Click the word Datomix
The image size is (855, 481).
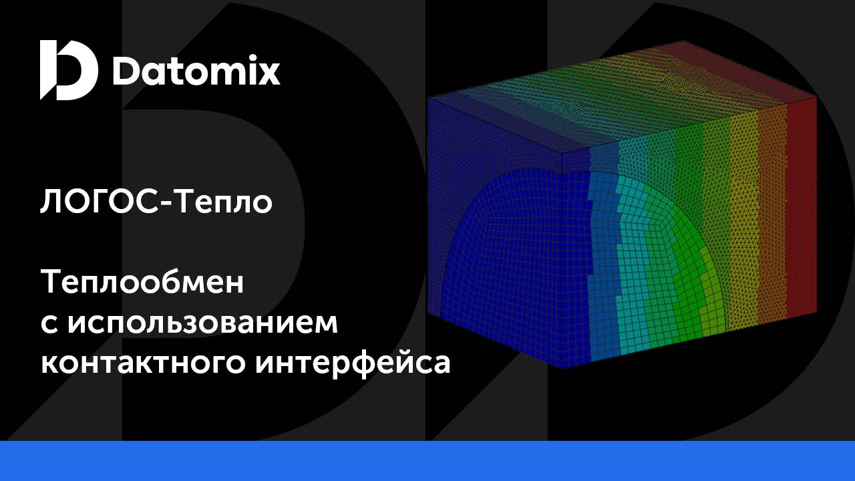[196, 71]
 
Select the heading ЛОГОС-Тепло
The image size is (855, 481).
[156, 202]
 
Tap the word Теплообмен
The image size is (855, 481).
[143, 283]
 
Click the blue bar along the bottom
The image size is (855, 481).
[427, 461]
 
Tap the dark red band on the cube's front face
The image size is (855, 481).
[802, 207]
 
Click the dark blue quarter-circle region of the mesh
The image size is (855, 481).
[514, 267]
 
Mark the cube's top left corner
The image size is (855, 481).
[428, 98]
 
